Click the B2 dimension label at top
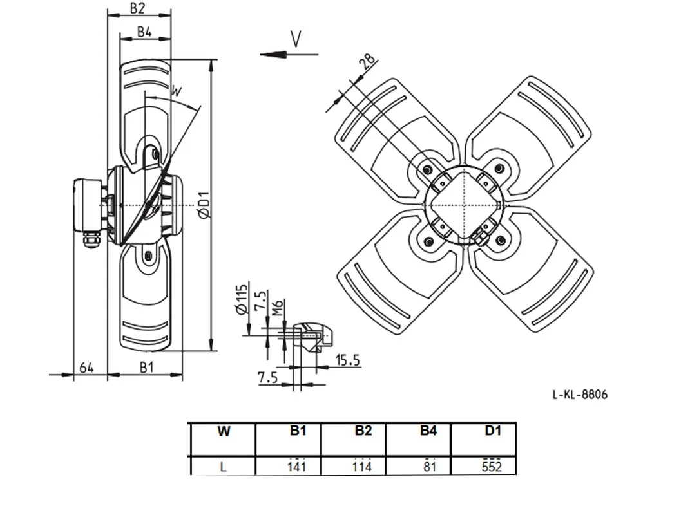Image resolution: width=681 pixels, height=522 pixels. [137, 8]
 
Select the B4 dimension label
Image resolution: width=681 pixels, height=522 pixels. [144, 32]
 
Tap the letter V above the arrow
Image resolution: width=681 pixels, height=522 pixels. [296, 39]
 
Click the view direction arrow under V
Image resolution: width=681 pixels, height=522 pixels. [289, 54]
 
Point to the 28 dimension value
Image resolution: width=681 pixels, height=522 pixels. [367, 62]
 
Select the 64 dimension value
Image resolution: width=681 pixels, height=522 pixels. [86, 368]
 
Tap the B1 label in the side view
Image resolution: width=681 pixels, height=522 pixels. [147, 368]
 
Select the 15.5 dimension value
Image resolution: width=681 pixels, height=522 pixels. [348, 360]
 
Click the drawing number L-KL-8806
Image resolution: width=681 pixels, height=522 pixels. [580, 395]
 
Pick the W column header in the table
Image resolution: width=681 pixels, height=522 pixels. [224, 431]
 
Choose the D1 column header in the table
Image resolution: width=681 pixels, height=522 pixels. [493, 431]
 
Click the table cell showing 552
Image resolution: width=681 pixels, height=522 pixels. [492, 467]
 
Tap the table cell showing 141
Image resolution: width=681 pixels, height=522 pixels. [296, 467]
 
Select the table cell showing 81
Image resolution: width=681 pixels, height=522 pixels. [429, 467]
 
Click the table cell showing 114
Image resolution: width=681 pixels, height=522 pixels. [362, 467]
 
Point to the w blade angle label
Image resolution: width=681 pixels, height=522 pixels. [176, 91]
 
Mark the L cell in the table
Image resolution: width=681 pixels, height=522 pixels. [223, 467]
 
